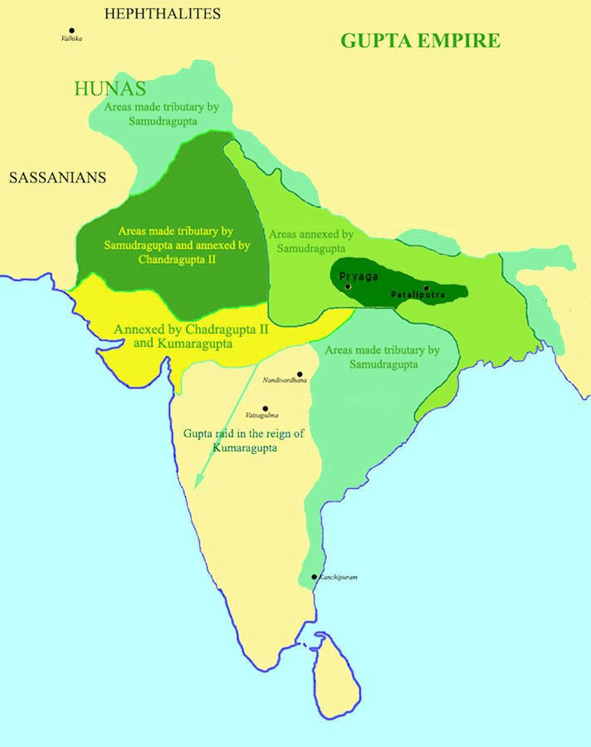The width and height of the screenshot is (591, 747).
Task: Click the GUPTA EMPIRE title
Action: pos(421,40)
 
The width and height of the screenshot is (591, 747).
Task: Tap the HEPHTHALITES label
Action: pos(163,13)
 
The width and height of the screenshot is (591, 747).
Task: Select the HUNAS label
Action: pos(110,88)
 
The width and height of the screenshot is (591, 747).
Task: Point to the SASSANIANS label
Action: pos(58,177)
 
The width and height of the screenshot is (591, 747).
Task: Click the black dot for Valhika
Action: pos(71,31)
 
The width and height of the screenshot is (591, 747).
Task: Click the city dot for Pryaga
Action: pos(349,286)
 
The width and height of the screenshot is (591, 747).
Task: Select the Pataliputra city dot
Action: pos(426,287)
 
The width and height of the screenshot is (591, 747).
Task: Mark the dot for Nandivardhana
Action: pos(300,373)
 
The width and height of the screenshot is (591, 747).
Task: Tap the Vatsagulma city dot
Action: pos(266,408)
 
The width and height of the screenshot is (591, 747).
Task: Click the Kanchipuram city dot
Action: pos(314,576)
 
